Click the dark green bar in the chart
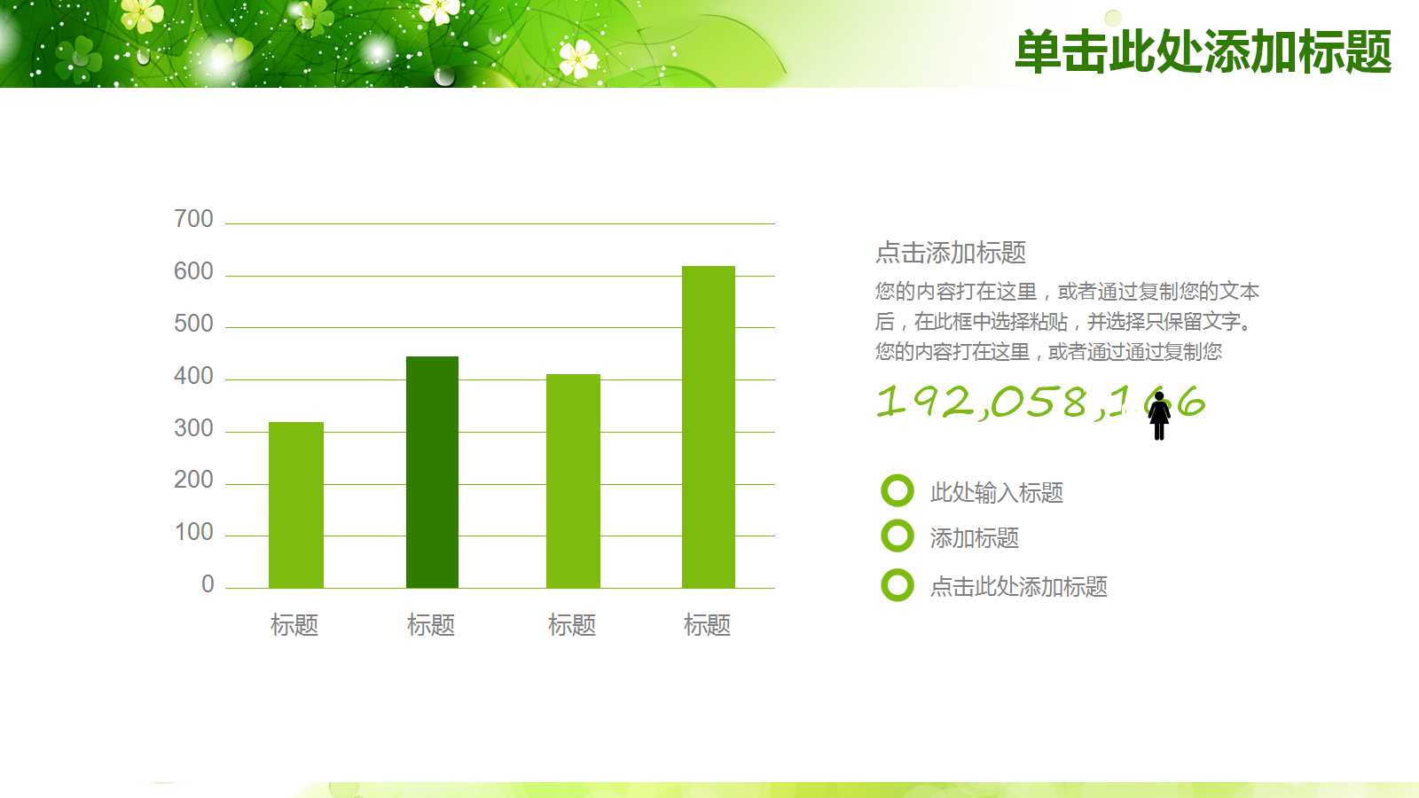click(432, 472)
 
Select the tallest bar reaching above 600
click(708, 426)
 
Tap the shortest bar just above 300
click(295, 505)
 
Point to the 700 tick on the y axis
click(193, 219)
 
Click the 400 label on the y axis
click(193, 376)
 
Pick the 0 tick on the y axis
click(208, 584)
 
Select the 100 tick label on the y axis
click(193, 532)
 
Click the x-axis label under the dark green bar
click(431, 625)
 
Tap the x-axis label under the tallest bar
click(707, 625)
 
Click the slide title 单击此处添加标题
click(1203, 51)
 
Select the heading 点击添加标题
click(951, 253)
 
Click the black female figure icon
click(1158, 415)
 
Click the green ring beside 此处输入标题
click(897, 490)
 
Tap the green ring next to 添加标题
click(897, 536)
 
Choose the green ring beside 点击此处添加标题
click(897, 585)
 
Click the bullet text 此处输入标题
click(996, 492)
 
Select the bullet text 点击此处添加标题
click(1018, 586)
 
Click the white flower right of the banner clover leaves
click(578, 59)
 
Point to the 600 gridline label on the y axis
click(193, 271)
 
